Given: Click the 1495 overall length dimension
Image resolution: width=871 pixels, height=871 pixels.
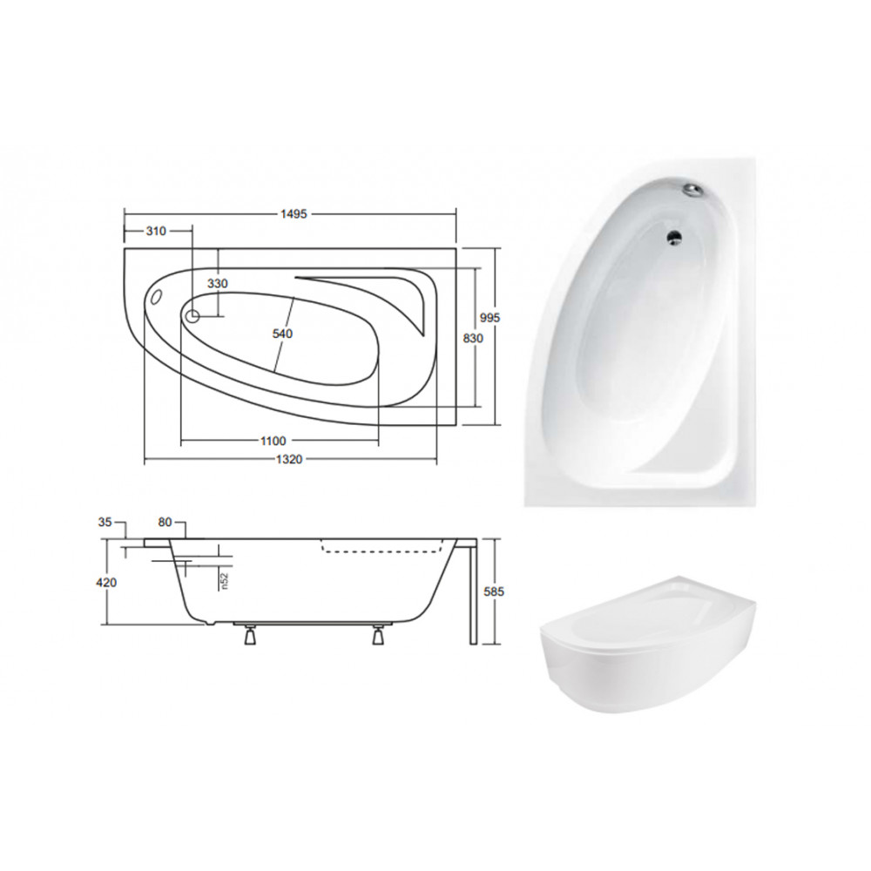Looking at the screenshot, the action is coord(294,214).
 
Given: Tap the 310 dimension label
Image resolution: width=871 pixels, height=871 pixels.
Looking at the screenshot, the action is coord(156,231).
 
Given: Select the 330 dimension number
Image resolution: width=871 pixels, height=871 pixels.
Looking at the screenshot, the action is coord(217,283).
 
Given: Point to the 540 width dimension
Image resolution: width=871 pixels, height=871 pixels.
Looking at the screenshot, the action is coord(282,334).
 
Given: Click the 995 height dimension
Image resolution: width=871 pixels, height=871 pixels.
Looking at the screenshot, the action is coord(490,318).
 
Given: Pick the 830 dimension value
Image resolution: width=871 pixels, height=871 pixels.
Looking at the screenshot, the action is coord(473,338).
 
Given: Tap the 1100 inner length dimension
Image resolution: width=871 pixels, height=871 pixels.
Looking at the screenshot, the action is coord(273,441).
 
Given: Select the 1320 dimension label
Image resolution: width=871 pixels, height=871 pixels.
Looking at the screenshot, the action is coord(289,459).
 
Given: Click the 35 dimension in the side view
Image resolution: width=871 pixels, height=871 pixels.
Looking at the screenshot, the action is coord(105,522).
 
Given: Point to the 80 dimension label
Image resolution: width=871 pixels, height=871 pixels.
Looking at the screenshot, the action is coord(165,522).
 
